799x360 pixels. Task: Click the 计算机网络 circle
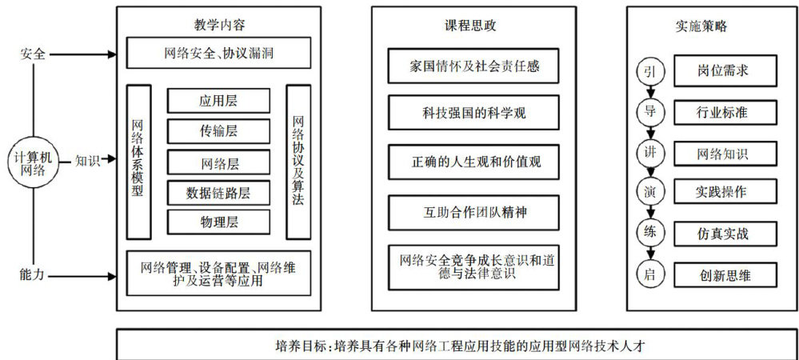tap(32, 160)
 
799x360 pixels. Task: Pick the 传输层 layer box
tap(218, 130)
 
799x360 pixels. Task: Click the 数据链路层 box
tap(218, 193)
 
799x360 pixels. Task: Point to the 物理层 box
tap(218, 222)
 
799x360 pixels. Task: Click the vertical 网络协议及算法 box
tap(298, 161)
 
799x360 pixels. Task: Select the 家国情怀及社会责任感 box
tap(473, 66)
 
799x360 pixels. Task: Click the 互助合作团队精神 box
tap(473, 212)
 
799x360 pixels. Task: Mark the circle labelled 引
tap(649, 72)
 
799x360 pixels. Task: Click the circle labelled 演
tap(649, 192)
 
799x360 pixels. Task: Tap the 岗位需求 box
tap(725, 71)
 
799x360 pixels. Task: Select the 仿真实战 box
tap(725, 234)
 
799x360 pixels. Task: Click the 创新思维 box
tap(725, 274)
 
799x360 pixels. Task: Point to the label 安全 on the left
tap(32, 54)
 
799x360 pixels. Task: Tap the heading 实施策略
tap(701, 26)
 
